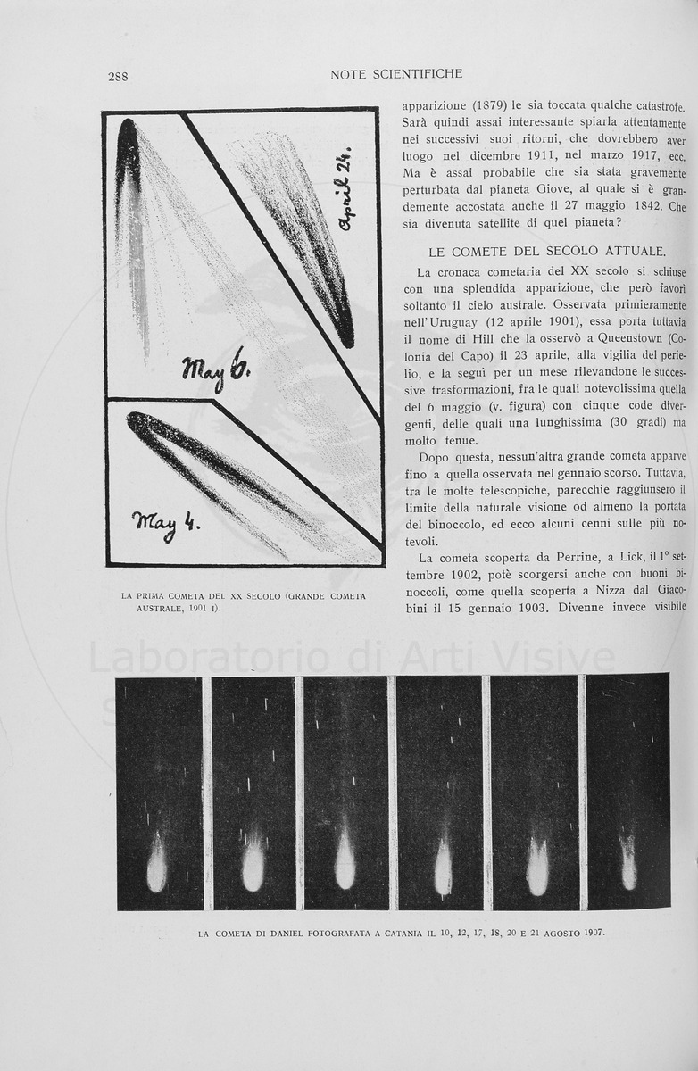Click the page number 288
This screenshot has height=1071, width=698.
[x=118, y=76]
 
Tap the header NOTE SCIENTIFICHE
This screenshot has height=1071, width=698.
[x=396, y=74]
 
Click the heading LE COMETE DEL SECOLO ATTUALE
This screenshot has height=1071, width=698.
[x=546, y=252]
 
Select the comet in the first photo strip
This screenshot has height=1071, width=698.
[x=157, y=863]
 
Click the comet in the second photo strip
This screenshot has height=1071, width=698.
[x=253, y=862]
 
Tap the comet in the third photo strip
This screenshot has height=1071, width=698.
[x=345, y=860]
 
